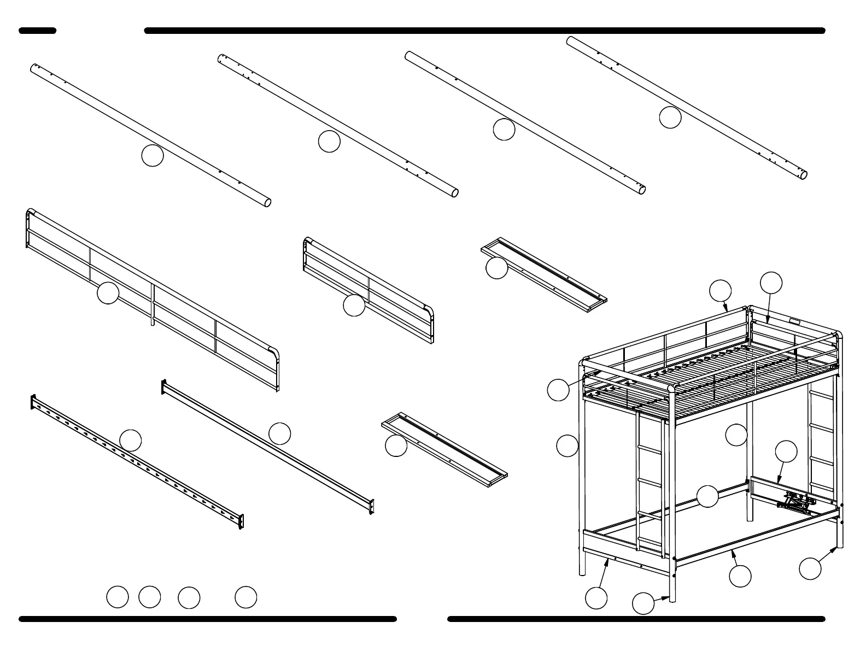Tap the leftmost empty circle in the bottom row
(x=117, y=597)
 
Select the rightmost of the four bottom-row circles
(x=246, y=597)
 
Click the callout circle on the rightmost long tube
(x=670, y=118)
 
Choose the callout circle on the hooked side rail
(x=131, y=440)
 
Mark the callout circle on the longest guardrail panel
(x=108, y=293)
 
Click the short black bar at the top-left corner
(x=38, y=31)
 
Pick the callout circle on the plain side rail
(x=279, y=433)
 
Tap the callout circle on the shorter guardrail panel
(x=354, y=305)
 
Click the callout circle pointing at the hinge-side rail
(x=786, y=451)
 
